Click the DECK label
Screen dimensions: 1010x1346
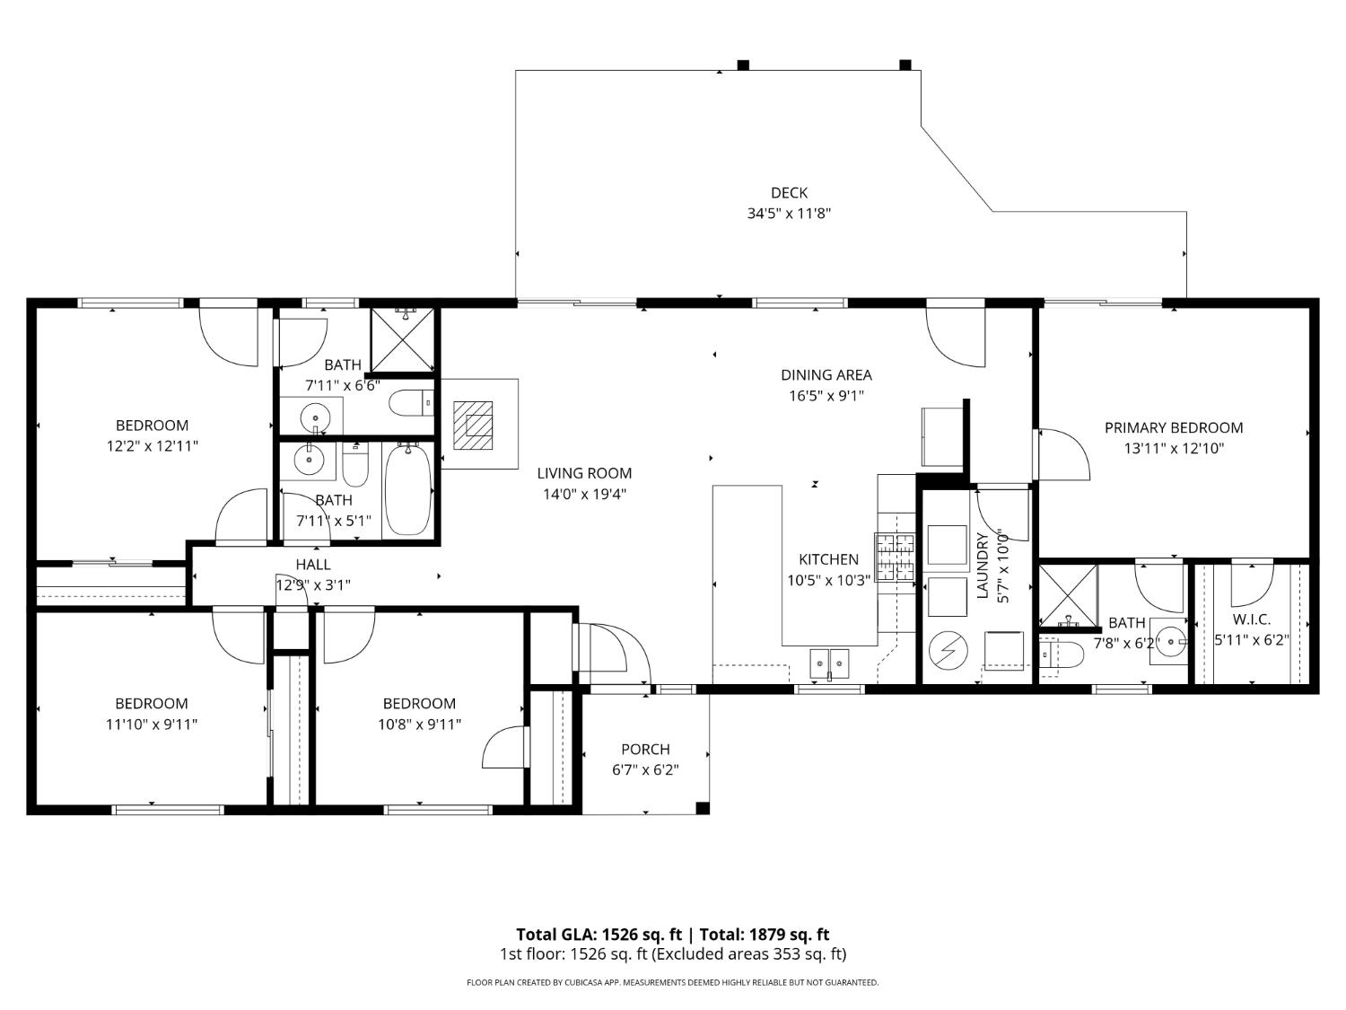point(789,193)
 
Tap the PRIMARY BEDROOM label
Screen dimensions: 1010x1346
point(1173,428)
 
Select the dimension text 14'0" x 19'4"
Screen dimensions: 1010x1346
point(584,494)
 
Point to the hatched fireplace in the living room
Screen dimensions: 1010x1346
point(473,425)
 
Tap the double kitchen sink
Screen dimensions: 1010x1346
point(829,663)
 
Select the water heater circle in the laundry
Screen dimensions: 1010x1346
point(946,651)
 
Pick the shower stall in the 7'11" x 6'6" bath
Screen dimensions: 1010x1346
point(403,339)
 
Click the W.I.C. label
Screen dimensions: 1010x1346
point(1251,619)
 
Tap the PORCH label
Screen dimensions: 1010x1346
point(645,750)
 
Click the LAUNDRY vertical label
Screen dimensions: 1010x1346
point(982,566)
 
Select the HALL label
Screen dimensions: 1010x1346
point(313,565)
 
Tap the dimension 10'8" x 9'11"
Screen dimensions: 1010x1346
point(419,724)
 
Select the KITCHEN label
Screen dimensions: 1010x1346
point(828,559)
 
